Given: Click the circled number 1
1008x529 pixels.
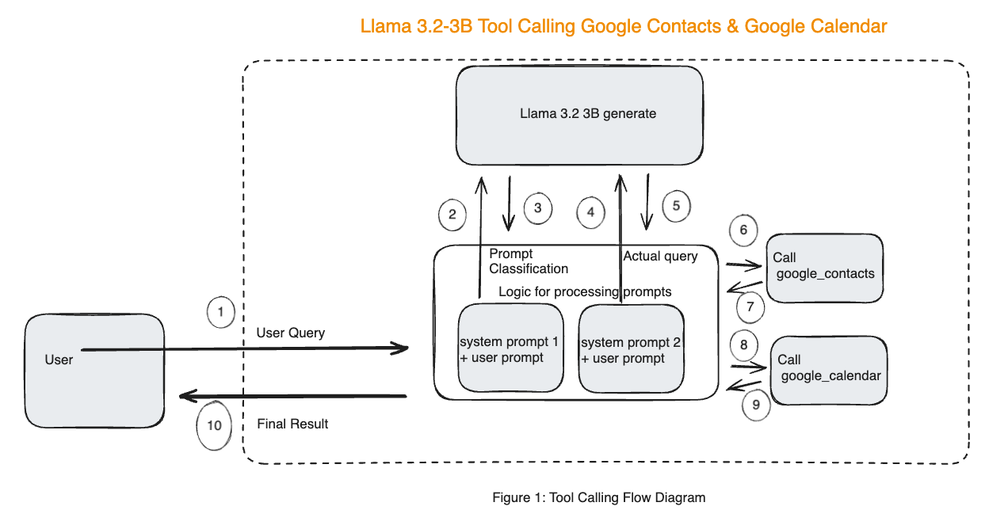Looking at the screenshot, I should (220, 312).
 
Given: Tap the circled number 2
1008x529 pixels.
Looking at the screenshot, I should (452, 214).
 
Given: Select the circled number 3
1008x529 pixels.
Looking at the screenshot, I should (537, 207).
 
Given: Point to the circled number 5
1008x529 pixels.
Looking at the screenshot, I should (676, 205).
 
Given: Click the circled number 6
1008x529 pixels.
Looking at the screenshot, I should (743, 230).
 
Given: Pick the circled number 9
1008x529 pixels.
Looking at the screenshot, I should (756, 405).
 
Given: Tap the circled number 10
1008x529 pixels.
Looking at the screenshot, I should (214, 425).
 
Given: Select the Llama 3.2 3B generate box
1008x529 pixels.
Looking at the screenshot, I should (579, 113).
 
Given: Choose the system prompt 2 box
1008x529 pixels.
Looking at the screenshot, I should (631, 349).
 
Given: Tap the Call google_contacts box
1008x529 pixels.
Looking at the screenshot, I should (825, 267).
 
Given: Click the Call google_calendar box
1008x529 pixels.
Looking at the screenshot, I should (828, 369).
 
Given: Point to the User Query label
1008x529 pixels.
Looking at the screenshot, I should (290, 333).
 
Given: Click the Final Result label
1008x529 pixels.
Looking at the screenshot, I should (292, 424).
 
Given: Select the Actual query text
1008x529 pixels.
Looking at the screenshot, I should (660, 256).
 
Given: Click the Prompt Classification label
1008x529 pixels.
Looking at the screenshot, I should (528, 261).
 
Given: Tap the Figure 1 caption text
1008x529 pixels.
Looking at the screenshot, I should (598, 497).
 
